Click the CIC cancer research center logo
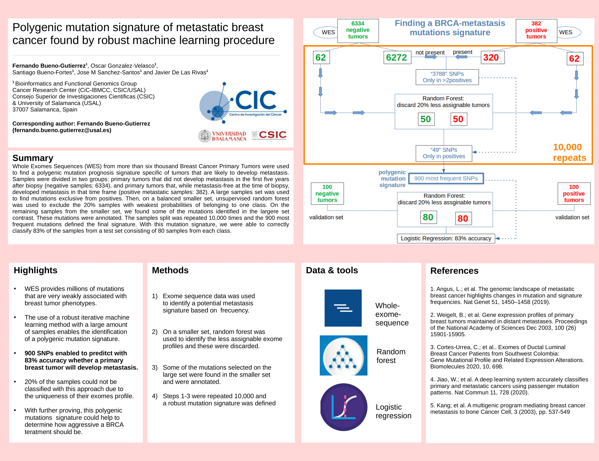pyautogui.click(x=243, y=102)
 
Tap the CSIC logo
pyautogui.click(x=269, y=135)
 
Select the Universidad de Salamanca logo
pyautogui.click(x=222, y=136)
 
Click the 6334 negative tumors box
pyautogui.click(x=358, y=31)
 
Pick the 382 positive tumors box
pyautogui.click(x=536, y=31)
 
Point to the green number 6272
pyautogui.click(x=396, y=57)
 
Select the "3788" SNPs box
pyautogui.click(x=447, y=77)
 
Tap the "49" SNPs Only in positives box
pyautogui.click(x=444, y=153)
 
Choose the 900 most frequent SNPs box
pyautogui.click(x=446, y=178)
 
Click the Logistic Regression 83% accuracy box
pyautogui.click(x=446, y=239)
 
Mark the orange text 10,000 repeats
pyautogui.click(x=569, y=152)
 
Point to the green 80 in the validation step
pyautogui.click(x=428, y=217)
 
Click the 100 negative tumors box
pyautogui.click(x=327, y=193)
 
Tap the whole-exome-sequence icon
pyautogui.click(x=343, y=308)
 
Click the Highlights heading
pyautogui.click(x=36, y=270)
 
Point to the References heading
pyautogui.click(x=454, y=271)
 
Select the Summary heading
pyautogui.click(x=33, y=158)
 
